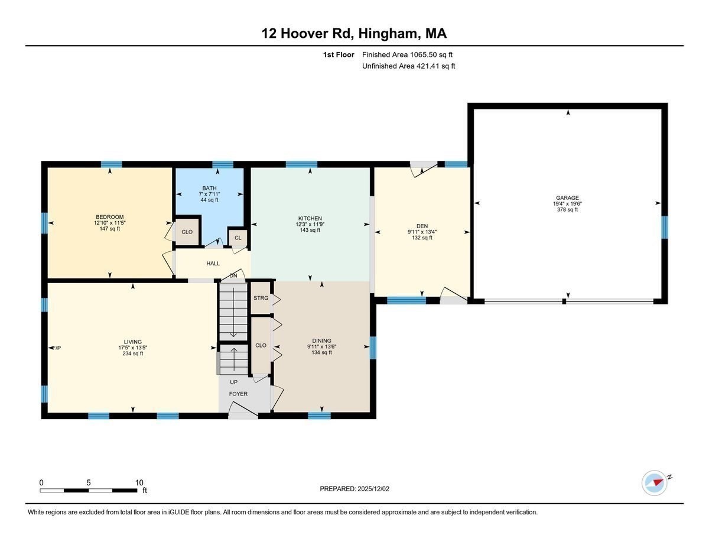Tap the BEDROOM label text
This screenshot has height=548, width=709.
pos(109,217)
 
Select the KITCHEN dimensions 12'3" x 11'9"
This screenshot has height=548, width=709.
pos(310,225)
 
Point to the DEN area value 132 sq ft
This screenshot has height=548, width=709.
pos(422,238)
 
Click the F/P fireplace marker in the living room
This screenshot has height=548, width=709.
pos(57,348)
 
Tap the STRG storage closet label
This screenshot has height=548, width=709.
pos(261,298)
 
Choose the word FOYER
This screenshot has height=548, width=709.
pos(238,394)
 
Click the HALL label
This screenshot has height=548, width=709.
pos(213,263)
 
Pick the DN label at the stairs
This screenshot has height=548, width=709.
pos(233,275)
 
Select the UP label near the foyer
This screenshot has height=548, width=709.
pos(233,382)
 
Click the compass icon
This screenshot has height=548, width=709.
pos(655,482)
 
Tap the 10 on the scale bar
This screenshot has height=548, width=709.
pos(139,482)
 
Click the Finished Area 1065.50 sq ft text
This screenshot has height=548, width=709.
pos(407,54)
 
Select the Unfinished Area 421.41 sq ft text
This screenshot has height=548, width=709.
pos(408,66)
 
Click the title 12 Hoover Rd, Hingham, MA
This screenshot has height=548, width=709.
pos(354,33)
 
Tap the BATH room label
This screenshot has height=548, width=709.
pos(209,188)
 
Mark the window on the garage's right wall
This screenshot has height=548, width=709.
pos(664,227)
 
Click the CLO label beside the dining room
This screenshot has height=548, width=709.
pos(261,345)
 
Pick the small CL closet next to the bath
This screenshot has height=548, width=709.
pos(238,238)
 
